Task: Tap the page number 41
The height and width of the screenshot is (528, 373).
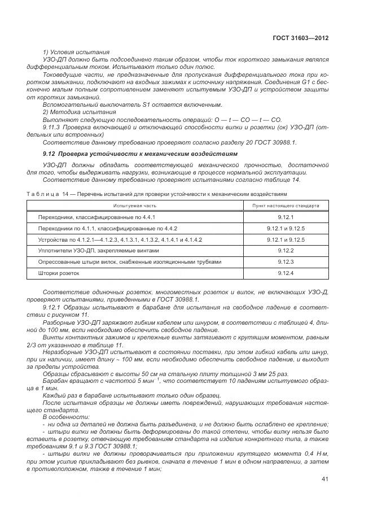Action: [x=325, y=479]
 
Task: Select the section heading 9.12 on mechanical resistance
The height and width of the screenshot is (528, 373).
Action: [x=133, y=154]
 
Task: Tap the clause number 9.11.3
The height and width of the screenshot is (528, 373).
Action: [x=54, y=127]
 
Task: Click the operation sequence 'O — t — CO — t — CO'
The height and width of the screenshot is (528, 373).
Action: [x=244, y=120]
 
